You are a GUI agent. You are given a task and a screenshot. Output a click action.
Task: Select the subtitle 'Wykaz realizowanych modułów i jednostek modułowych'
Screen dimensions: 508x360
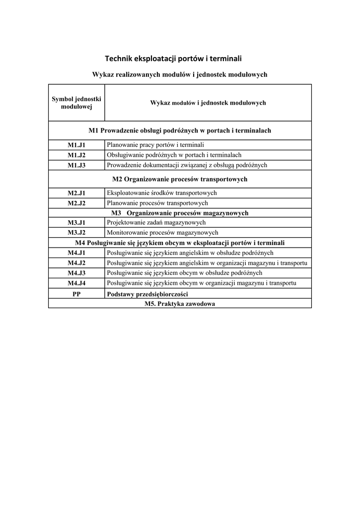click(x=180, y=74)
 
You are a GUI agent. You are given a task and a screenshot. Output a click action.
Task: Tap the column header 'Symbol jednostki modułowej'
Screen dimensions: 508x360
click(x=76, y=103)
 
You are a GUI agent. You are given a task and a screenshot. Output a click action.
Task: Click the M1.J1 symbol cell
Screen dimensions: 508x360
click(x=76, y=145)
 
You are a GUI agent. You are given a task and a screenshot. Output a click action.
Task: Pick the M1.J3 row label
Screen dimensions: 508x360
click(x=76, y=165)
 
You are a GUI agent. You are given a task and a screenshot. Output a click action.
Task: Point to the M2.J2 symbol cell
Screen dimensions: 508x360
click(x=76, y=203)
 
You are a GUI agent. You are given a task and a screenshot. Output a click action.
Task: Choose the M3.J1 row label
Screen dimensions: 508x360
click(x=76, y=223)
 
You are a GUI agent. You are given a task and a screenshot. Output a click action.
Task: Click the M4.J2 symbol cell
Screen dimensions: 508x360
click(x=76, y=263)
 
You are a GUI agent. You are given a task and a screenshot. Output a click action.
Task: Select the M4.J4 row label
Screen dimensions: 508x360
click(x=76, y=283)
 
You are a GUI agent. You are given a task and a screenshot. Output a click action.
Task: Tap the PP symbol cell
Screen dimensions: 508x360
click(x=76, y=294)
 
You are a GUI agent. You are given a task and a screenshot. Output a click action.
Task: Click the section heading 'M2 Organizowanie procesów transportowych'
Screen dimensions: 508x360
click(x=180, y=179)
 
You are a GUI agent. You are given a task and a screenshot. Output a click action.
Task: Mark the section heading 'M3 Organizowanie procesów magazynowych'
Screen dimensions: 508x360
click(x=180, y=213)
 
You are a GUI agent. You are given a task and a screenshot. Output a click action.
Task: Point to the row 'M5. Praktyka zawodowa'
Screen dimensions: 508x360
click(x=180, y=304)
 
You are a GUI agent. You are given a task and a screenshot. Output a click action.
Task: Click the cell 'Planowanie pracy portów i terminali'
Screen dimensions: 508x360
click(x=155, y=145)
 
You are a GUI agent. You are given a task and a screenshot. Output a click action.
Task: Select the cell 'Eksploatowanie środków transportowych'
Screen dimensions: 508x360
click(x=162, y=193)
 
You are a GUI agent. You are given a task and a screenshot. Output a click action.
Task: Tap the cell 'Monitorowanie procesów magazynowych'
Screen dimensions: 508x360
click(x=162, y=233)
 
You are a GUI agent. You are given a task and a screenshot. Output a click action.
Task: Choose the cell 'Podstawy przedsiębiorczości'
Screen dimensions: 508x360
click(x=146, y=294)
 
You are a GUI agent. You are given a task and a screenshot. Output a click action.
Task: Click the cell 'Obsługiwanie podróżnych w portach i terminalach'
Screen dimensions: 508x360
click(x=174, y=155)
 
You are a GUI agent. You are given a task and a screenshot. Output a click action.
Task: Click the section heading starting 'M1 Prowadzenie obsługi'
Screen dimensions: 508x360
click(x=180, y=130)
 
